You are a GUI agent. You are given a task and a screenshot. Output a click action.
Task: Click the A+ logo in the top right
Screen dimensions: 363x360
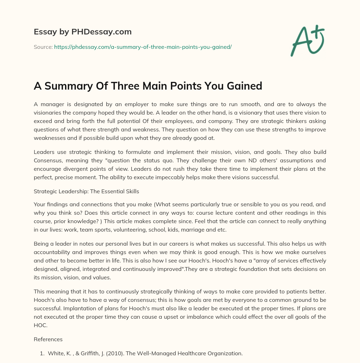[307, 41]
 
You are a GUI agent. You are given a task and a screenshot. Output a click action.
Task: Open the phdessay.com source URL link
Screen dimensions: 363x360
[143, 47]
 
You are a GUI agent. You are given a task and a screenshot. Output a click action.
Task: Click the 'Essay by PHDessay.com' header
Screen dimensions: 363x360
[83, 32]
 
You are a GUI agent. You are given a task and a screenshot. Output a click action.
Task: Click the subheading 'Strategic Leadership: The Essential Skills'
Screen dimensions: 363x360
[86, 192]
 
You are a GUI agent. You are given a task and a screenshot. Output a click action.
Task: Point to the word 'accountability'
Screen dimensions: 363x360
[52, 252]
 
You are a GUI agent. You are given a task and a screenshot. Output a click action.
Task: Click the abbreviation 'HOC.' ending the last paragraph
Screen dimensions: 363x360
[40, 325]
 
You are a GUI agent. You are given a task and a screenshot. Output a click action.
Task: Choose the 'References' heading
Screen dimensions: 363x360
[48, 339]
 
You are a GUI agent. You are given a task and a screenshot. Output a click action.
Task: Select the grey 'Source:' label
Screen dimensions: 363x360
[43, 47]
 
